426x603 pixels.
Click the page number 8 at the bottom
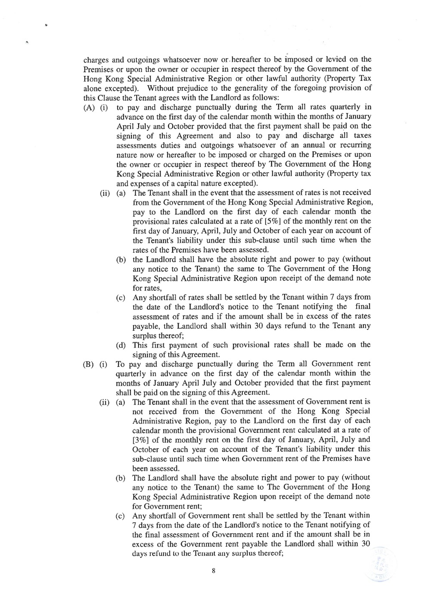(213, 571)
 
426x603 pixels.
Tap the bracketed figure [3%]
(141, 440)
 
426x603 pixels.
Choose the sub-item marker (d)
(121, 345)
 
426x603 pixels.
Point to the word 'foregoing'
(313, 88)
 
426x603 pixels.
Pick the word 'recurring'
(354, 145)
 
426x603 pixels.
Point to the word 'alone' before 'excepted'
(92, 88)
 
